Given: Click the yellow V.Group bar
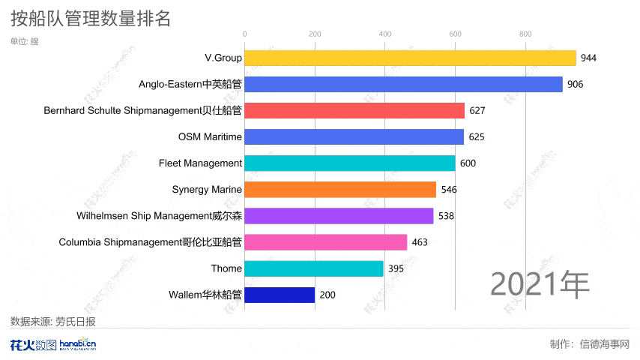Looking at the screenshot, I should (x=410, y=58).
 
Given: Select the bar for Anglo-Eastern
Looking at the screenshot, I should (x=403, y=84).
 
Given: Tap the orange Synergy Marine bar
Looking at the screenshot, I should (x=340, y=189).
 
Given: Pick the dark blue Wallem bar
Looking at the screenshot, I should (x=280, y=295).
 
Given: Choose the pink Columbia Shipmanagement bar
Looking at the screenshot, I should (x=326, y=242).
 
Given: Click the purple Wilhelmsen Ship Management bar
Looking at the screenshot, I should (x=339, y=216).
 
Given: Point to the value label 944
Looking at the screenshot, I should (x=589, y=58).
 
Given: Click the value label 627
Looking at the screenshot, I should (x=477, y=110).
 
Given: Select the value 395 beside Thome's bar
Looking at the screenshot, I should (x=396, y=268).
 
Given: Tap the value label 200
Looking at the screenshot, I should (x=327, y=295).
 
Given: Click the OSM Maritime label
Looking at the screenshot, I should (x=210, y=136).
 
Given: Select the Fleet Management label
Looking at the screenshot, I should (x=200, y=163).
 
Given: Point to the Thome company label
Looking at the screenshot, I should (x=226, y=268).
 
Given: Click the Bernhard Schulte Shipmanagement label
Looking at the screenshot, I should (x=142, y=110).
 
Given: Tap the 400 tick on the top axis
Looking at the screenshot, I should (x=384, y=34).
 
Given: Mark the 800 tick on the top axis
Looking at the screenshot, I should (x=525, y=34).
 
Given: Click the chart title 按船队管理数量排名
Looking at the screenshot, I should (x=91, y=18).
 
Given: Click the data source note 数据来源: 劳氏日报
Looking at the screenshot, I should (x=53, y=321).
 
